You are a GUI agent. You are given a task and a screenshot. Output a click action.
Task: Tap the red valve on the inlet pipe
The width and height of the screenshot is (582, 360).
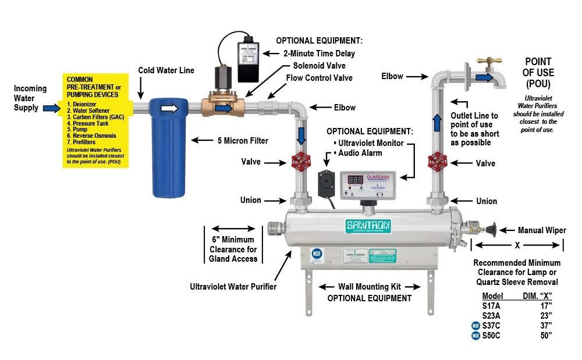301,161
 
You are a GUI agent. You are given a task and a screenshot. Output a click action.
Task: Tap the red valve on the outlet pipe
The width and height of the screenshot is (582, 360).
436,161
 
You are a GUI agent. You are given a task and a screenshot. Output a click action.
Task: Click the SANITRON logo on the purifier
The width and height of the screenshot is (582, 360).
368,225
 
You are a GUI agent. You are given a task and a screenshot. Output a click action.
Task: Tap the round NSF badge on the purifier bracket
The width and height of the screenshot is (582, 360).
317,254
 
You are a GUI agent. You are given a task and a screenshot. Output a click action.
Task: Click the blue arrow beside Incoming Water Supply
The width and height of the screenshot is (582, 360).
51,108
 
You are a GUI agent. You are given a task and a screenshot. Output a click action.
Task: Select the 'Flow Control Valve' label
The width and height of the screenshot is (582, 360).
319,77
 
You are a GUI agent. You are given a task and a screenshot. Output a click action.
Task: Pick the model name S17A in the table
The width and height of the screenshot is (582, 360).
492,305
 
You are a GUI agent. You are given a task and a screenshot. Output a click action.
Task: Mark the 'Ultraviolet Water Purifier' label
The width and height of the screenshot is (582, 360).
232,286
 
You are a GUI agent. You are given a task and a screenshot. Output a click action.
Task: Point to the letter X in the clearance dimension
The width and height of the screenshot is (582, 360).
516,245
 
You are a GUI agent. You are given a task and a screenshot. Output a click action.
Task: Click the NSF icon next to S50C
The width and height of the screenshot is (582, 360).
475,336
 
